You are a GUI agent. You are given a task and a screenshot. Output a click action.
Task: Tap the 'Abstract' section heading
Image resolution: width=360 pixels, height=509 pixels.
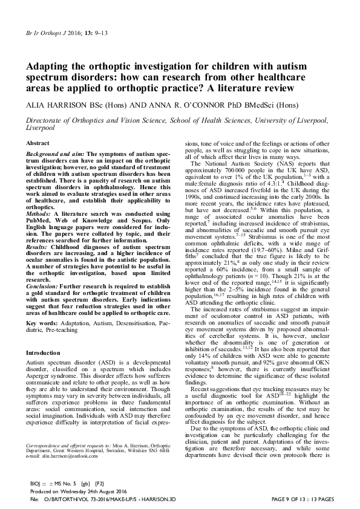point(37,142)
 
